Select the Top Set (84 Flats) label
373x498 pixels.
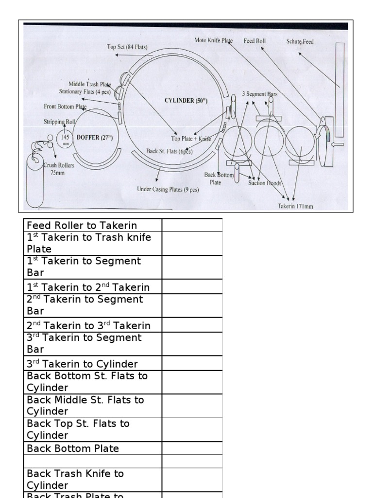[127, 47]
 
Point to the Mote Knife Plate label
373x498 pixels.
[213, 41]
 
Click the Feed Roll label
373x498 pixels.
[254, 41]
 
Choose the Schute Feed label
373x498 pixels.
[300, 42]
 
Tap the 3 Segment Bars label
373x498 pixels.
[260, 94]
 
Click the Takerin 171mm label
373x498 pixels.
[295, 206]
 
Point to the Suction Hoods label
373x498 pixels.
[265, 183]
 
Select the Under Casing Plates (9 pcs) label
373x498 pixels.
[168, 189]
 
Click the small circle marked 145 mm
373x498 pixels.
[65, 139]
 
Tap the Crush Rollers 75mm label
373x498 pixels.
[59, 169]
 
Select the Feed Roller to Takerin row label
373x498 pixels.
[82, 225]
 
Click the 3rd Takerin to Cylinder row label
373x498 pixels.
[83, 364]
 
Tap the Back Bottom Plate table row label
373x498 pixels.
[73, 448]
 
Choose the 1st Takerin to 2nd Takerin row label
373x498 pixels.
[88, 287]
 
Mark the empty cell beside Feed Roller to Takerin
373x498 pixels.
[192, 225]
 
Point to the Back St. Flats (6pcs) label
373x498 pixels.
[170, 151]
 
